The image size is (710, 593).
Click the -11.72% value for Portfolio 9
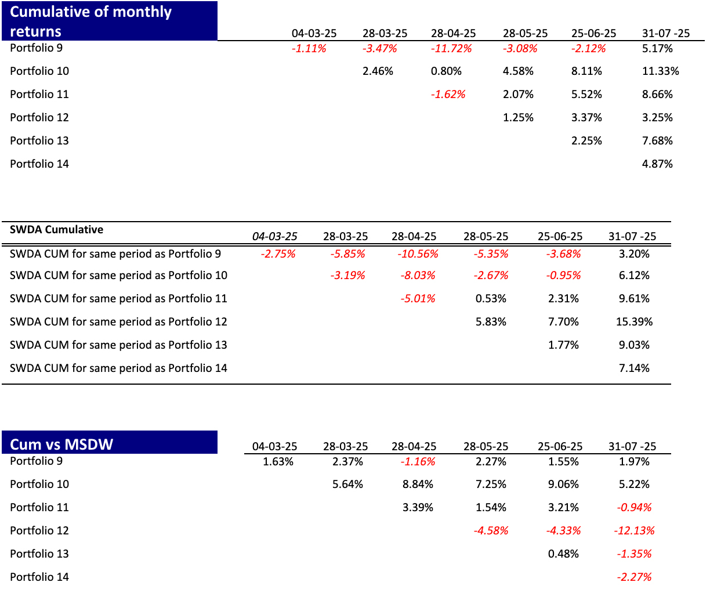451,48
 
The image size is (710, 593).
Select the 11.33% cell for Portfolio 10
660,71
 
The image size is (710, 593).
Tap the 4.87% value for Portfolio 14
657,164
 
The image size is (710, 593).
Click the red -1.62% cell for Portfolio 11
448,94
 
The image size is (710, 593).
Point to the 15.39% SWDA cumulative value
634,321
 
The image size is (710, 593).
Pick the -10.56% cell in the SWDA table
418,254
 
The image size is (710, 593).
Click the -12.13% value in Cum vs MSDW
634,530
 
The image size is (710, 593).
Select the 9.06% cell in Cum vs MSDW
563,484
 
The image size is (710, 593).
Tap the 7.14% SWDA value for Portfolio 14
634,368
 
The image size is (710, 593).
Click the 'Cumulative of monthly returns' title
90,21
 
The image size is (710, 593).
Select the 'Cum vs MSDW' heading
61,444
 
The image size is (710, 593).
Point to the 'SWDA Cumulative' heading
56,230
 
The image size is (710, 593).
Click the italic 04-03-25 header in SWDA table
274,237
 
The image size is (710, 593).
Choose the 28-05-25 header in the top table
525,33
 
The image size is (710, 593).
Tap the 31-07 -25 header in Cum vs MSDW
632,446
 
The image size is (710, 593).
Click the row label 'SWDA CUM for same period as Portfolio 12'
118,321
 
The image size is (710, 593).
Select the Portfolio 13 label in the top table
39,140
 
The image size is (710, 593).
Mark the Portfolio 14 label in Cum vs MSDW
39,577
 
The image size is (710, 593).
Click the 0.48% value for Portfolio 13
563,554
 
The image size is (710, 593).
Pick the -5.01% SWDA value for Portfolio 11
418,299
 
